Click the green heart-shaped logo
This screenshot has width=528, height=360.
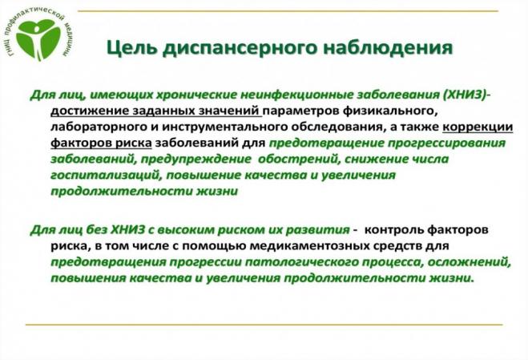38,38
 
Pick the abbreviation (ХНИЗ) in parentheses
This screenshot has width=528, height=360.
465,95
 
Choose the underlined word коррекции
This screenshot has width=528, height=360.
478,127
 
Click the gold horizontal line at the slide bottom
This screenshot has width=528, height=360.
264,325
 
